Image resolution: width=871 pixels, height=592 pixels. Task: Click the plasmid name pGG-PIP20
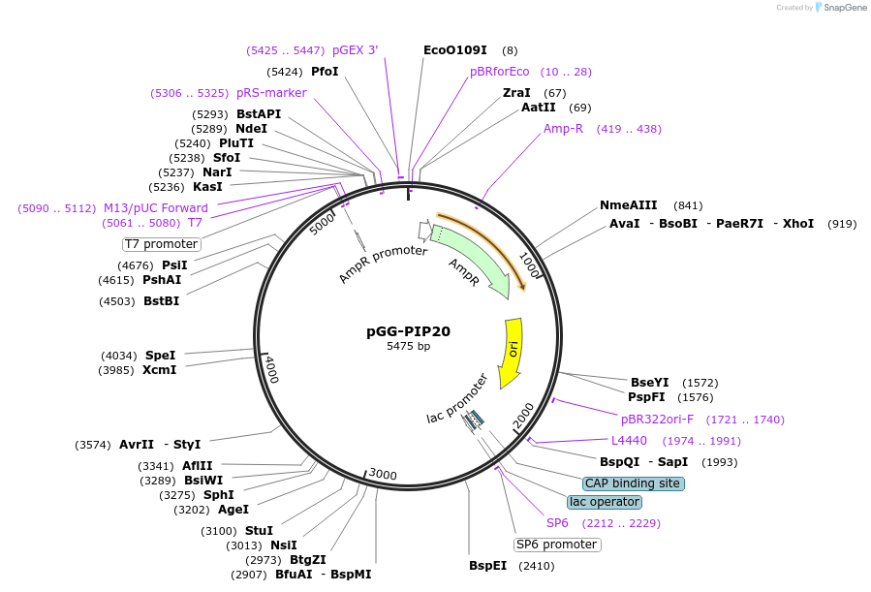coord(408,331)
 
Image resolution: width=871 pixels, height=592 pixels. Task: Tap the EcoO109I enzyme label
coord(455,49)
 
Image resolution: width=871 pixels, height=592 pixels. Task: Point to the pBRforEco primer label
coord(500,72)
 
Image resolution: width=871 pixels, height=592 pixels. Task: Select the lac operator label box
coord(605,502)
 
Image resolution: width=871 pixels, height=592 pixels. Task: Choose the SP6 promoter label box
coord(556,545)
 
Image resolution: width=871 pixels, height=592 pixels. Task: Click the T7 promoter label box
coord(161,244)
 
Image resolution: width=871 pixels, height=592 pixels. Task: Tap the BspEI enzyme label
coord(487,566)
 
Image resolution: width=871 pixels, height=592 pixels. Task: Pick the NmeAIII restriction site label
coord(628,205)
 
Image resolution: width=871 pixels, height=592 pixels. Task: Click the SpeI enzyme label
coord(160,356)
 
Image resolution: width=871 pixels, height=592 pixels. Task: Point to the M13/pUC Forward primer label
coord(156,208)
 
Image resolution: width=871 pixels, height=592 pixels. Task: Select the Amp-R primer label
coord(563,129)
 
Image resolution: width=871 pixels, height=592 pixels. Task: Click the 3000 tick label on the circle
coord(383,474)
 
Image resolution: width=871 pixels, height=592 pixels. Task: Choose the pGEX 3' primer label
coord(355,49)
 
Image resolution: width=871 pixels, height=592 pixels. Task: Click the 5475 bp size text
coord(408,347)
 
